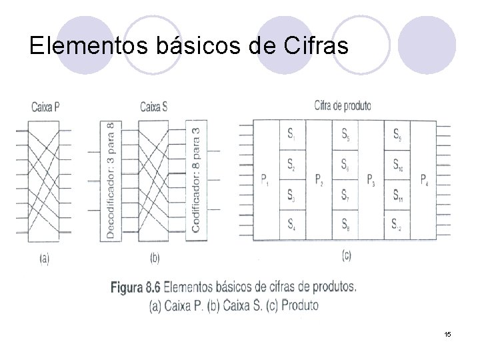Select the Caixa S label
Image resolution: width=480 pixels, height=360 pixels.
click(x=154, y=105)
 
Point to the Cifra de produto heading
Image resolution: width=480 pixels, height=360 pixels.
click(x=343, y=105)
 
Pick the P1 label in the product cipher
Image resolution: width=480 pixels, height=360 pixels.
click(x=265, y=179)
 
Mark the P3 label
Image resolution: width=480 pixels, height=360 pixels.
click(x=371, y=179)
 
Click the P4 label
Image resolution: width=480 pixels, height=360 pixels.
click(x=424, y=179)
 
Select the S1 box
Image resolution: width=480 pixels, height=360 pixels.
click(x=292, y=135)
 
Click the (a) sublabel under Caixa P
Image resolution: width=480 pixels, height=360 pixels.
click(x=44, y=257)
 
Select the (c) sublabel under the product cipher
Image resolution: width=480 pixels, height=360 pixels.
click(x=346, y=255)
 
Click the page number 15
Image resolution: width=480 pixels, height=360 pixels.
click(x=448, y=333)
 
